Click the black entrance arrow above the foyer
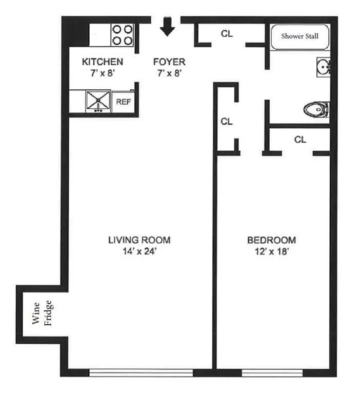pos(168,27)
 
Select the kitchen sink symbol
pos(96,101)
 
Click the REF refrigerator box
pos(124,102)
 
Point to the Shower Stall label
pos(299,36)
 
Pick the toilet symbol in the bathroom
pos(315,108)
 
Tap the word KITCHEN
pos(103,62)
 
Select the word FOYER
pos(169,62)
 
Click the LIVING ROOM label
pos(139,240)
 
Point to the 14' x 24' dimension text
pos(139,251)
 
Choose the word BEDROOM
pos(271,240)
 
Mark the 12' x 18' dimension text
pos(271,251)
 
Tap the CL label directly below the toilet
pos(301,139)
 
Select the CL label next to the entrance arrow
pos(227,34)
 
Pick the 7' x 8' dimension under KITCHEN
pos(103,73)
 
